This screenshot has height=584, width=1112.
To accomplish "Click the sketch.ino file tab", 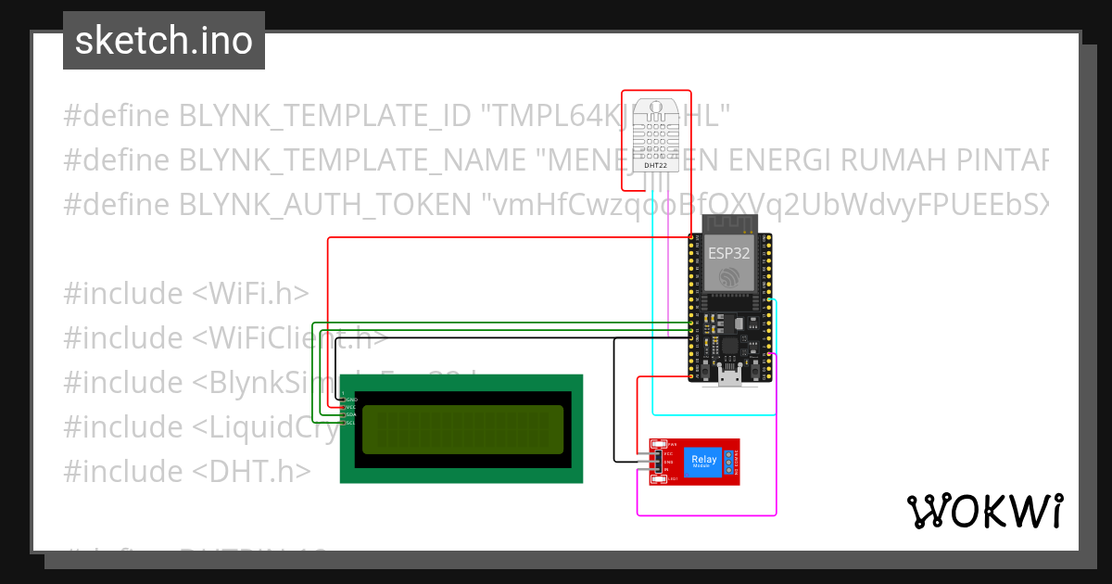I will pyautogui.click(x=163, y=41).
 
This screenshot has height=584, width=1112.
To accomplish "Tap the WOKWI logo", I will pyautogui.click(x=984, y=511).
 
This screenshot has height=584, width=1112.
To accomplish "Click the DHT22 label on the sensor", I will pyautogui.click(x=655, y=165).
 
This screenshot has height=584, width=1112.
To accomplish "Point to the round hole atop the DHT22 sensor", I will pyautogui.click(x=655, y=108).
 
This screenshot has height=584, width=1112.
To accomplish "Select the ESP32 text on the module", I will pyautogui.click(x=729, y=252).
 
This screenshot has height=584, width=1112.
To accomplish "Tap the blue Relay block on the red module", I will pyautogui.click(x=701, y=462).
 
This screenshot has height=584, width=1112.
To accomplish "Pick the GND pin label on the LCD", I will pyautogui.click(x=351, y=400).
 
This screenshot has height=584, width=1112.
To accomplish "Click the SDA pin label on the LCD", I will pyautogui.click(x=351, y=414).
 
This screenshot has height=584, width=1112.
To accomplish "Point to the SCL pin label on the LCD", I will pyautogui.click(x=351, y=423).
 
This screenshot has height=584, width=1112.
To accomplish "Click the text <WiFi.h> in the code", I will pyautogui.click(x=250, y=294).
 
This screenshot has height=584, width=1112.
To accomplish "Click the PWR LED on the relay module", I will pyautogui.click(x=660, y=445).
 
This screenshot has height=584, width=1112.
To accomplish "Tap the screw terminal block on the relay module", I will pyautogui.click(x=728, y=461).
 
